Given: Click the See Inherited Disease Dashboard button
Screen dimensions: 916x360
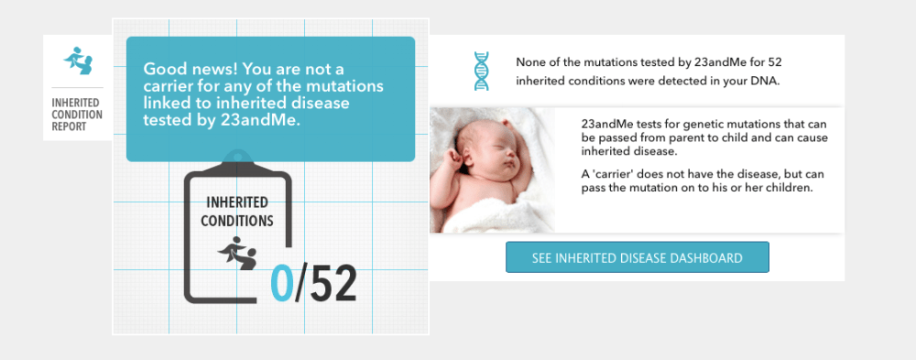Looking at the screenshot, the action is coord(638,257).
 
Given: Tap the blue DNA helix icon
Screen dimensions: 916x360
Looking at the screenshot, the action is coord(482,71).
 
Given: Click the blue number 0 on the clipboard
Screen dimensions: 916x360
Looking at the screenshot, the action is coord(282,285).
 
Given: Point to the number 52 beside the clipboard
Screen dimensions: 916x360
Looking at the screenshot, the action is coord(333,285).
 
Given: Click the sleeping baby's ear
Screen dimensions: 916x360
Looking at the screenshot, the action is coord(457,158).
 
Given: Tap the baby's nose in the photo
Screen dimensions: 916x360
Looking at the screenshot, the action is coord(510,157).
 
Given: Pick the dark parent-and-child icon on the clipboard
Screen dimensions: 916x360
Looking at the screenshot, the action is coord(238,253).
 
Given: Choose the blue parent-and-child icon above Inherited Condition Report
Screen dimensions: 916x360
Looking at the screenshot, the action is coord(78,60).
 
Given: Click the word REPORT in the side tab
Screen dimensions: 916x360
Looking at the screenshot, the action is coord(69,126).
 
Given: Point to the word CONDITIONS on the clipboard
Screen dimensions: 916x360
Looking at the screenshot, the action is coord(237,222).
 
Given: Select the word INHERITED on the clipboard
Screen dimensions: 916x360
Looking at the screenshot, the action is coord(237,202).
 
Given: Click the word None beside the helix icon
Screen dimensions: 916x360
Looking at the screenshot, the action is coord(529,61).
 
